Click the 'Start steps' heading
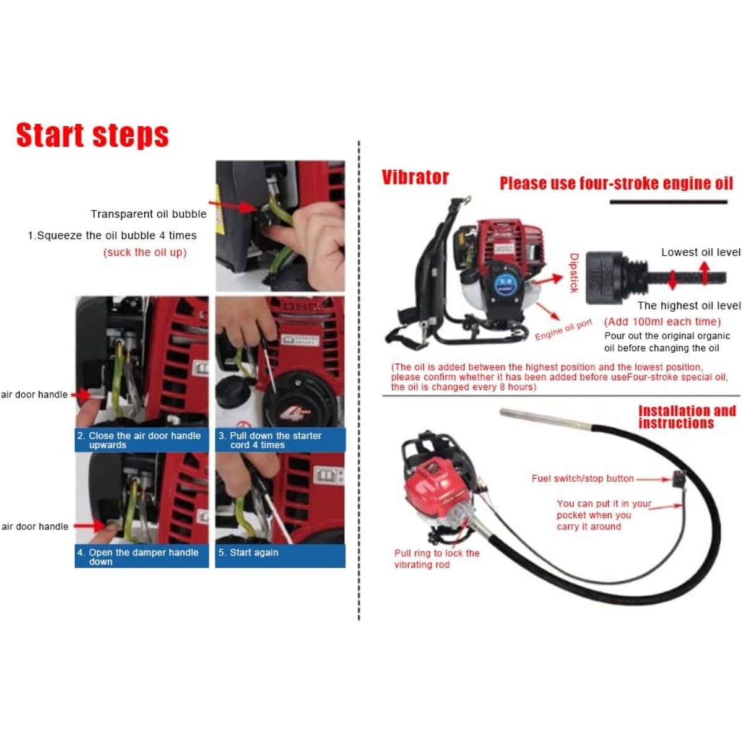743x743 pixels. (92, 135)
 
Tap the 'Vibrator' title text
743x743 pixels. (415, 177)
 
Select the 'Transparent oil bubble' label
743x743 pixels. (149, 214)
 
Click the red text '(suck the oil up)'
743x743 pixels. (145, 253)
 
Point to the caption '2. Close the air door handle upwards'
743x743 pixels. (139, 440)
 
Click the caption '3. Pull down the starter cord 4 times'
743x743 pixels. (270, 440)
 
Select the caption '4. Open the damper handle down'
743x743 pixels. (137, 557)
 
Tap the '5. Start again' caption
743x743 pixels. (248, 552)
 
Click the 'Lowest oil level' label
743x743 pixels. (700, 253)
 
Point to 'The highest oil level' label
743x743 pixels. (689, 306)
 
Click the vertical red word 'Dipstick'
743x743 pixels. (574, 272)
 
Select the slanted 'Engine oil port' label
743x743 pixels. (563, 329)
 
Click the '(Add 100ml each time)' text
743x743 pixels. (663, 321)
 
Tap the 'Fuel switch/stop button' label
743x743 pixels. (583, 479)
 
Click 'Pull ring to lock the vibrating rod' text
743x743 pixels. (437, 558)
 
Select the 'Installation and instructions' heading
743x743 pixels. (687, 417)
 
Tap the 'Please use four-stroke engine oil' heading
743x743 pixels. (616, 183)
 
